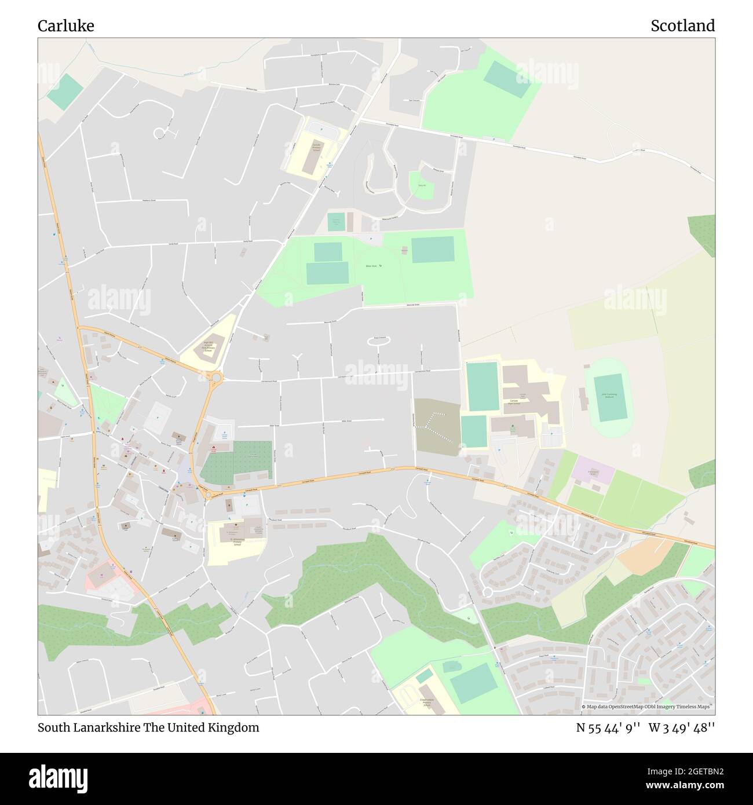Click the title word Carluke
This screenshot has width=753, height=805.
(x=65, y=26)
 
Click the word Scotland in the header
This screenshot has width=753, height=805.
(x=682, y=26)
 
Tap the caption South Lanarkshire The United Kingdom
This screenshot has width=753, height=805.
(x=148, y=727)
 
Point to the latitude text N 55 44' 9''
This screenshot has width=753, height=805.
(x=608, y=727)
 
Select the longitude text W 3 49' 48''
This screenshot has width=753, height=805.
(x=682, y=727)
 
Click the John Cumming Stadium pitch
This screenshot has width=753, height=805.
(x=609, y=397)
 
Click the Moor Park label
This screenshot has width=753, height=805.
(x=371, y=266)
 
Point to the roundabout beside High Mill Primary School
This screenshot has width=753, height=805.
(x=216, y=378)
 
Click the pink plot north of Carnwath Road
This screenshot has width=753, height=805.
(x=593, y=472)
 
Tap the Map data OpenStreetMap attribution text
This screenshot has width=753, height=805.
(x=648, y=707)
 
